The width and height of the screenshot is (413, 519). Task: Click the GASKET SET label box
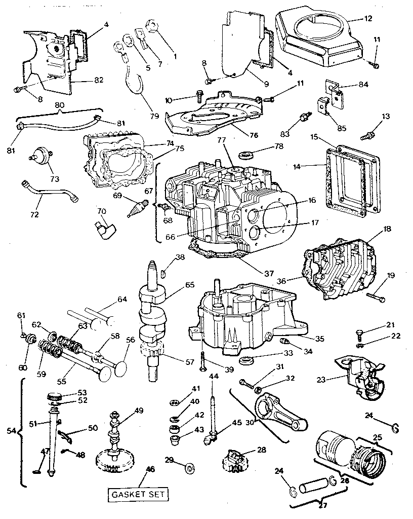click(x=138, y=494)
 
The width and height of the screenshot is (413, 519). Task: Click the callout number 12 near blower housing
click(x=368, y=19)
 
